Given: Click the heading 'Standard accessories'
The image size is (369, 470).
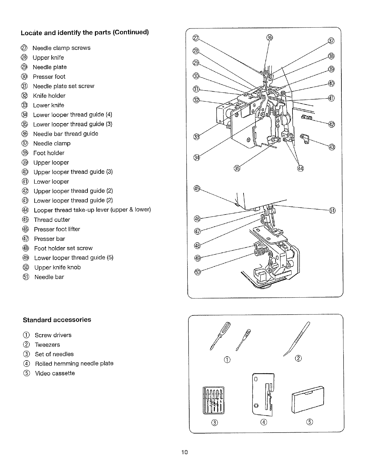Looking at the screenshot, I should (x=57, y=320).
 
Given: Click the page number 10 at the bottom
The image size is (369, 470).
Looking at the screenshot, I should (x=184, y=452).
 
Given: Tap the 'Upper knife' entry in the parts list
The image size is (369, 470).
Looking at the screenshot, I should (x=48, y=58).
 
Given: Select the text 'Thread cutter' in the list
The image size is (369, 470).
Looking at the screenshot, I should (x=52, y=220).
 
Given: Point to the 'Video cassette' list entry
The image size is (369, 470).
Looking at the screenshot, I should (x=55, y=373).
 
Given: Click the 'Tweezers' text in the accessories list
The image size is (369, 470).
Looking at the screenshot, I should (x=47, y=345).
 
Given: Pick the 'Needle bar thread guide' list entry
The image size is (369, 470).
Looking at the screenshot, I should (x=66, y=134).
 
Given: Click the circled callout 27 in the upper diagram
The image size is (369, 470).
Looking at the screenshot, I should (x=196, y=38).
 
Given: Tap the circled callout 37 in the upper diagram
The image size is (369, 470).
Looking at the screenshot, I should (x=331, y=41).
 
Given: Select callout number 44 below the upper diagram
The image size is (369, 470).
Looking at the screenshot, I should (x=300, y=169).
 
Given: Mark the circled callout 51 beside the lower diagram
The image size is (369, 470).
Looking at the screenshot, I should (x=332, y=211).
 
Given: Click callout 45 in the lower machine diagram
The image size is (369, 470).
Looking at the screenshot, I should (x=197, y=188).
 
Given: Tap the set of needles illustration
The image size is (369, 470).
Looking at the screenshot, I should (x=214, y=400).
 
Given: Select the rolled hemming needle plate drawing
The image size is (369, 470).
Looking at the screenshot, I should (x=263, y=394).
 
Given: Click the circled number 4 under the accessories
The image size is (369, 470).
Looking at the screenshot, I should (x=264, y=422).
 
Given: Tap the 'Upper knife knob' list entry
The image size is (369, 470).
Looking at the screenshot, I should (x=57, y=267).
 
